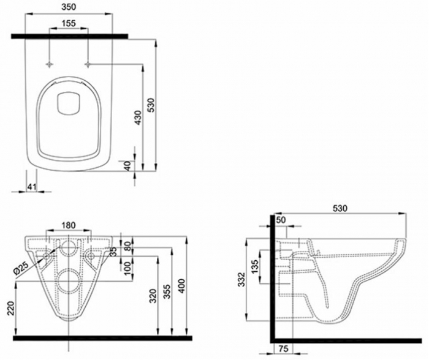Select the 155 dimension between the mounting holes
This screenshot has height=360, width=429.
pyautogui.click(x=69, y=23)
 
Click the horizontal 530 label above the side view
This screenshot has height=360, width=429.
pyautogui.click(x=340, y=209)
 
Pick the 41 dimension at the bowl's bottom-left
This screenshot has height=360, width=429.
pyautogui.click(x=32, y=186)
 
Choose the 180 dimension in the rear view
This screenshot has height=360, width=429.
pyautogui.click(x=69, y=225)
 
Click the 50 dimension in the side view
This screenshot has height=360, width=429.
pyautogui.click(x=281, y=220)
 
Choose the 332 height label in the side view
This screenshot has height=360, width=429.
pyautogui.click(x=243, y=280)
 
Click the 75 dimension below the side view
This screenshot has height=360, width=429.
pyautogui.click(x=284, y=350)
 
